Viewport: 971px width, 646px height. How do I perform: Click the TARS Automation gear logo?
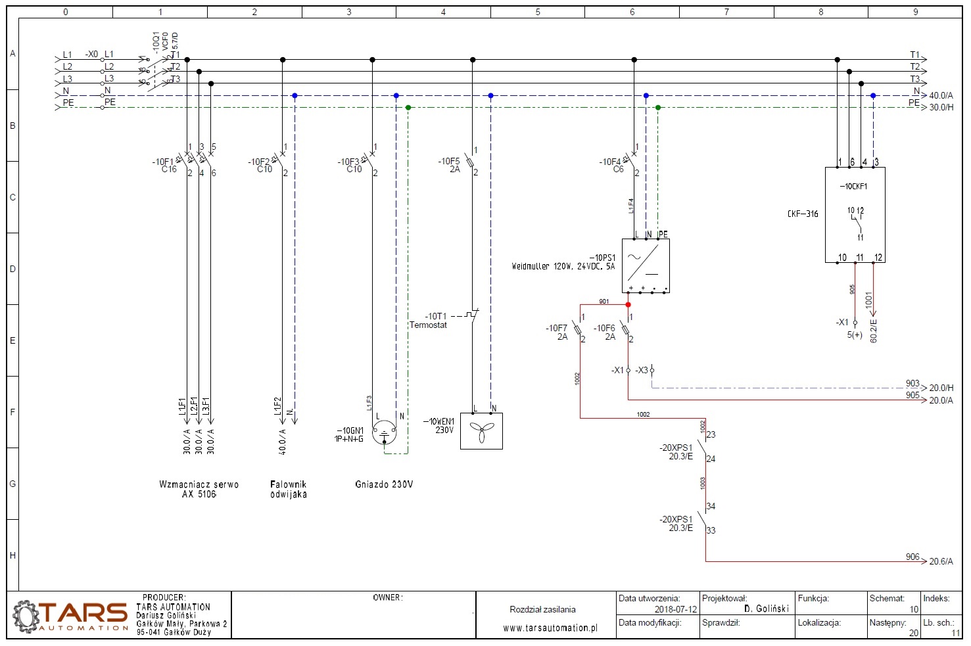click(26, 616)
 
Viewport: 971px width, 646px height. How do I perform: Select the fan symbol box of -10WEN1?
click(481, 431)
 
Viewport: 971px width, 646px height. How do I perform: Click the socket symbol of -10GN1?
click(385, 433)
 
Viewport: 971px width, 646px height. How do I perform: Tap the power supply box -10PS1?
click(646, 265)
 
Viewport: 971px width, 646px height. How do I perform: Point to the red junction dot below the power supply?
click(628, 304)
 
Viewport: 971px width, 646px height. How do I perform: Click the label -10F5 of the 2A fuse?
click(449, 161)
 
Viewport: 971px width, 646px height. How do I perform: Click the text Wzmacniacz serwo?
click(199, 484)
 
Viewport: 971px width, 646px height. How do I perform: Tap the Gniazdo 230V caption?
click(384, 484)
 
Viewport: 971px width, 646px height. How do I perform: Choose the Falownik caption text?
click(288, 484)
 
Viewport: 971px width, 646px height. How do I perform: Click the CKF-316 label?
click(803, 214)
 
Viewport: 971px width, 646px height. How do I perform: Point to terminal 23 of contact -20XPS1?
click(711, 434)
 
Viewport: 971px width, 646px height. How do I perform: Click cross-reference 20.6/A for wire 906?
click(941, 561)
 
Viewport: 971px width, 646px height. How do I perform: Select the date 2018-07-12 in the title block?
click(675, 609)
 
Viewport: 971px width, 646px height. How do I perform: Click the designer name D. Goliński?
click(766, 609)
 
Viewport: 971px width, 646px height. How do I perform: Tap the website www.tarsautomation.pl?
click(550, 628)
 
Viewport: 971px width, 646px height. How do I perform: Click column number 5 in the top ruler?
click(538, 12)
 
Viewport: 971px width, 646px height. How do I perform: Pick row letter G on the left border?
click(12, 484)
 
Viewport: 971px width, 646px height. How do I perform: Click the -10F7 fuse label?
click(556, 328)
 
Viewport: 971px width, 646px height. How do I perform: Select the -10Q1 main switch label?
click(156, 41)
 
